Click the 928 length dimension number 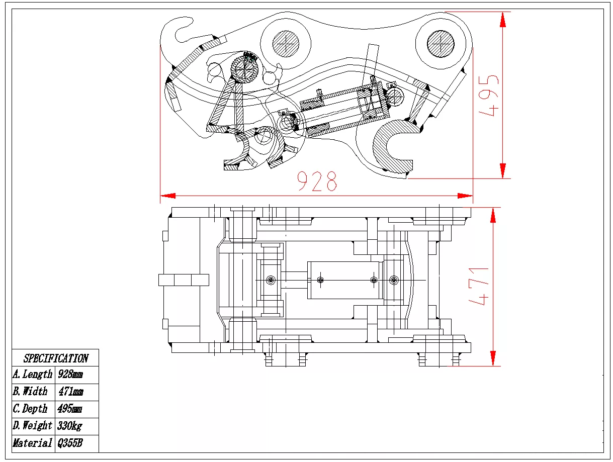pos(316,181)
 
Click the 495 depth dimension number pos(489,96)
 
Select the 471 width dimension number pos(479,286)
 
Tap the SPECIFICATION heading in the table pos(55,358)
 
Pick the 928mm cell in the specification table pos(70,375)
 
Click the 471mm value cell pos(71,392)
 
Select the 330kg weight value pos(69,426)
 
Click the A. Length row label pos(33,375)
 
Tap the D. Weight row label pos(33,426)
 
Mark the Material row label pos(33,443)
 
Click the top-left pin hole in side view pos(286,43)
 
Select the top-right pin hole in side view pos(441,43)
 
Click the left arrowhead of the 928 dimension pos(166,196)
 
